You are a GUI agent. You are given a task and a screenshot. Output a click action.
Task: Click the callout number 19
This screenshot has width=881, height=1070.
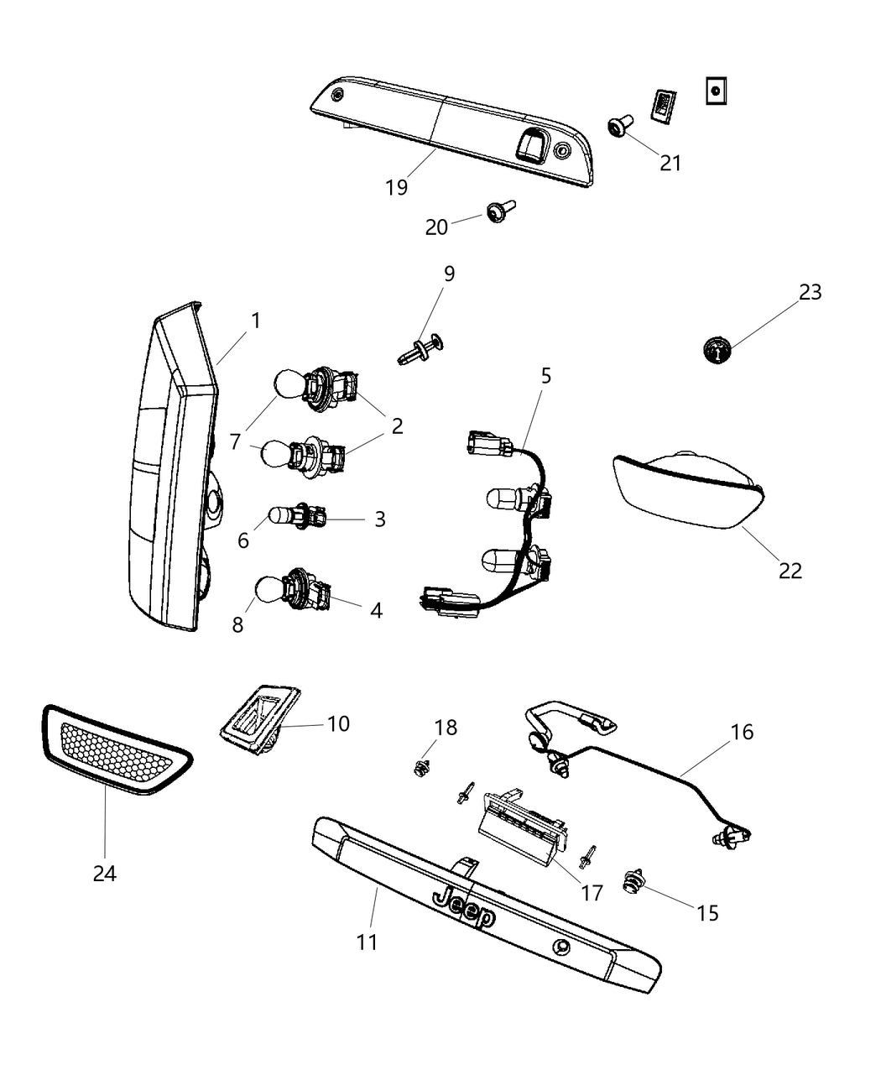point(396,187)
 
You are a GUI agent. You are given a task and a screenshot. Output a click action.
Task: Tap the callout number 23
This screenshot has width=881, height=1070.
point(810,292)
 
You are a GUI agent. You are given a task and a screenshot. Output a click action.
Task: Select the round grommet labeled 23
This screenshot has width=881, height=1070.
point(717,348)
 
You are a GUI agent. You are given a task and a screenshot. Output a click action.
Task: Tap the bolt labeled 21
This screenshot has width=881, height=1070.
point(619,127)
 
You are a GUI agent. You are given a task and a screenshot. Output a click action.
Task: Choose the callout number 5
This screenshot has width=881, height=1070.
point(545,376)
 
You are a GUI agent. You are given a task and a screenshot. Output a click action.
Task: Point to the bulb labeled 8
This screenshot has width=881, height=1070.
point(268,587)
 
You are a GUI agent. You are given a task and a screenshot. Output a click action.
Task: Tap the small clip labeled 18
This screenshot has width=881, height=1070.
point(422,766)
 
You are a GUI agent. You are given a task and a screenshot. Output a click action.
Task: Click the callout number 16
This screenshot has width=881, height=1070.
point(742,732)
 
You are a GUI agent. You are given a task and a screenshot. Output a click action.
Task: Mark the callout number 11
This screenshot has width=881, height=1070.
point(367,942)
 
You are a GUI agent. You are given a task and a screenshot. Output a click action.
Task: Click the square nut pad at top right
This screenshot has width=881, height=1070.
point(715,91)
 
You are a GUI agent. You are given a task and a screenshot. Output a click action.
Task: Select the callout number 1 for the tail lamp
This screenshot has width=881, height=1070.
point(255,321)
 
